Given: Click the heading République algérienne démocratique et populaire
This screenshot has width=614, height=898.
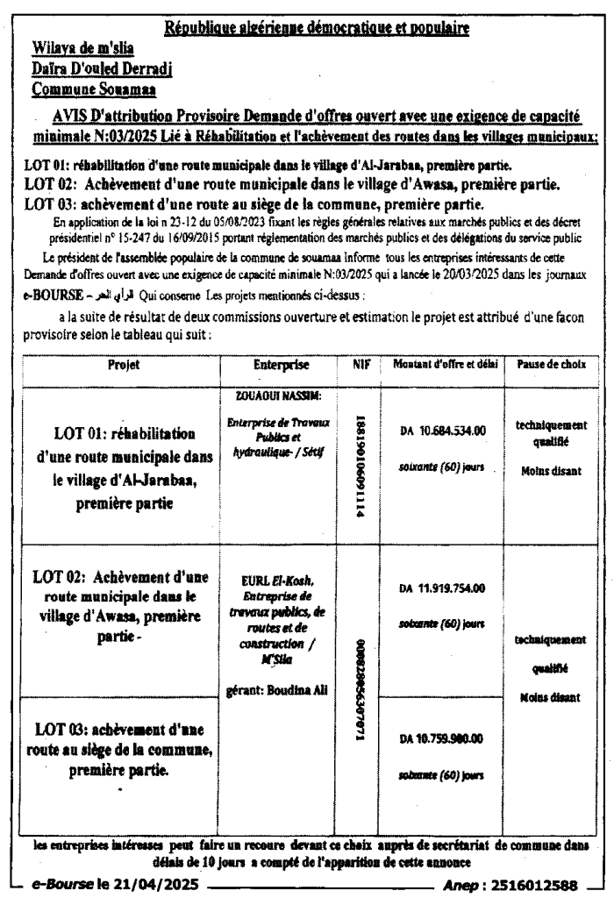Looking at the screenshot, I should pos(318,29).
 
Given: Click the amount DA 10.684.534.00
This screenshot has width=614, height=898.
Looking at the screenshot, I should pos(443,431).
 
